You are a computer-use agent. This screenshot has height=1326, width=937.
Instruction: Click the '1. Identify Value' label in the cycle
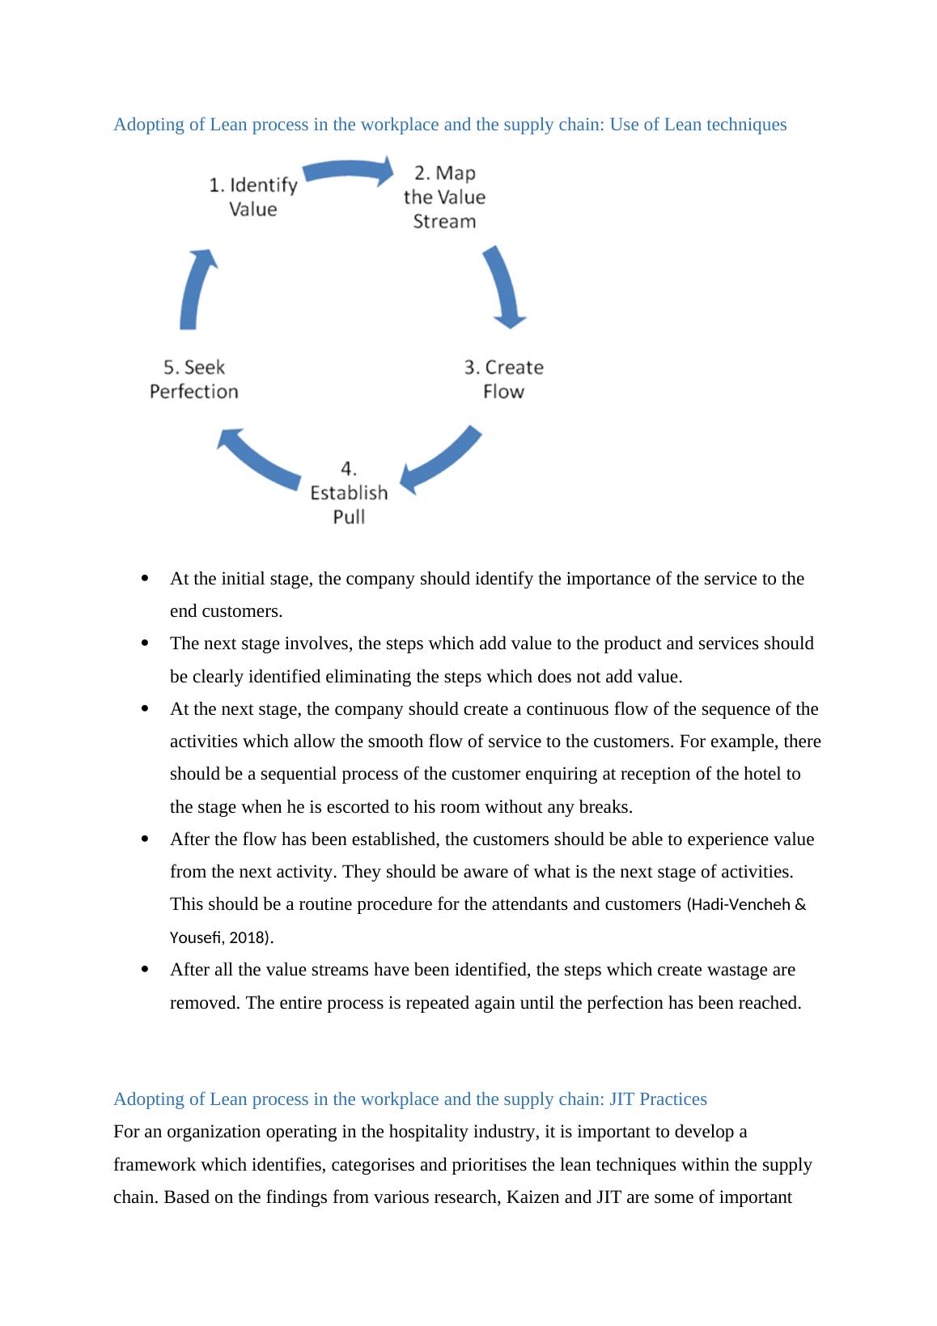click(253, 197)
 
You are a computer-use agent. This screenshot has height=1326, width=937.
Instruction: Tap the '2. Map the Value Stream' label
click(444, 197)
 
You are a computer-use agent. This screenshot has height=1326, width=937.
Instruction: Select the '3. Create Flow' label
click(503, 379)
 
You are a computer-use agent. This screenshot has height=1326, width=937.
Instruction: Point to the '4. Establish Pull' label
click(349, 492)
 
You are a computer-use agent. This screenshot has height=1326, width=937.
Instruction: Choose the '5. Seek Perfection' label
click(194, 379)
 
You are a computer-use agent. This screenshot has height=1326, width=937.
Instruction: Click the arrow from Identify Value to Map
click(348, 171)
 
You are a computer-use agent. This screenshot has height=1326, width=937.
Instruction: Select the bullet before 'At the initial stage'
click(145, 578)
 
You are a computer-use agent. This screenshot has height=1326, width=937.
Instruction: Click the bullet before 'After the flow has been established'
click(145, 839)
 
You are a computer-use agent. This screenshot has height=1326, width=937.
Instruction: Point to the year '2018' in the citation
click(248, 938)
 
